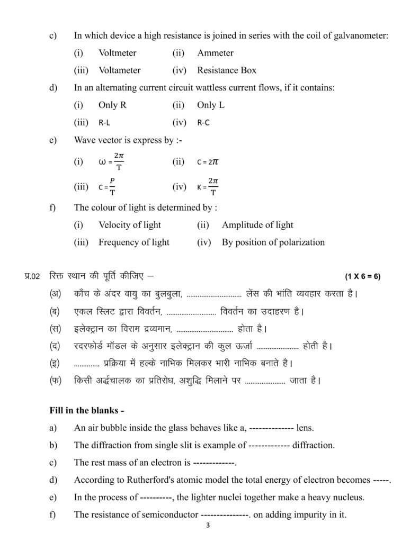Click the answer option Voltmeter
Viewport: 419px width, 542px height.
coord(117,53)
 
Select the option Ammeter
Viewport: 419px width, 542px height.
coord(215,53)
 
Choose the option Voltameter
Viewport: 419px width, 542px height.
coord(119,70)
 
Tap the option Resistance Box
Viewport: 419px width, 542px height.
coord(226,70)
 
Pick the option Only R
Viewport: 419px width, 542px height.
coord(112,105)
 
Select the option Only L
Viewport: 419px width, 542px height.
coord(211,105)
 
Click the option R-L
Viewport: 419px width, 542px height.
coord(104,122)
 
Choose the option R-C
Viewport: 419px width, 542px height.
coord(203,122)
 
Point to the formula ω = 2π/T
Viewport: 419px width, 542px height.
coord(112,161)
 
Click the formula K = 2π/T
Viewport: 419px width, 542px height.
coord(208,186)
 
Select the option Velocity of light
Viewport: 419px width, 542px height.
coord(130,225)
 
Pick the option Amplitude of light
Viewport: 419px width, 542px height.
coord(257,225)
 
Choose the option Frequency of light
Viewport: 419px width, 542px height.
coord(134,242)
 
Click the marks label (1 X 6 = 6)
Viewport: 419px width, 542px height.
coord(363,276)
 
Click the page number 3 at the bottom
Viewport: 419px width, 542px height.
coord(209,527)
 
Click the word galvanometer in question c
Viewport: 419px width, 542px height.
coord(360,35)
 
